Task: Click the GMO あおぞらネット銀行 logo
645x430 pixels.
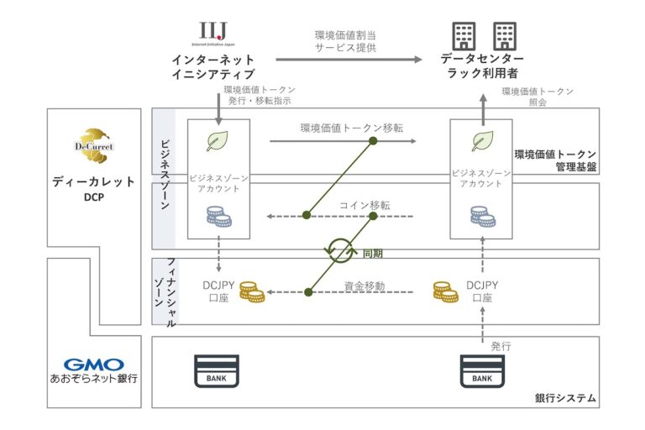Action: click(x=94, y=370)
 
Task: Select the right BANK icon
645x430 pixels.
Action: click(x=482, y=370)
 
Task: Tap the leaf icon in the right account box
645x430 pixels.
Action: click(x=482, y=140)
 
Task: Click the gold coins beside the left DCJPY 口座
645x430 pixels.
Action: click(x=251, y=292)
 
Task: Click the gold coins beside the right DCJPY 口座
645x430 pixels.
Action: click(x=446, y=292)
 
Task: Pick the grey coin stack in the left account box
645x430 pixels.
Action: click(x=218, y=217)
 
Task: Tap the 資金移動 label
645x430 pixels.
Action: click(x=364, y=286)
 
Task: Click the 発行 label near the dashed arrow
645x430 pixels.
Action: click(x=501, y=345)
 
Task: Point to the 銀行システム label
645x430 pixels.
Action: click(x=565, y=397)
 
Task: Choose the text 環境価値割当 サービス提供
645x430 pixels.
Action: click(x=345, y=41)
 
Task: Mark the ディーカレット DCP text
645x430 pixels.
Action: click(x=93, y=189)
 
